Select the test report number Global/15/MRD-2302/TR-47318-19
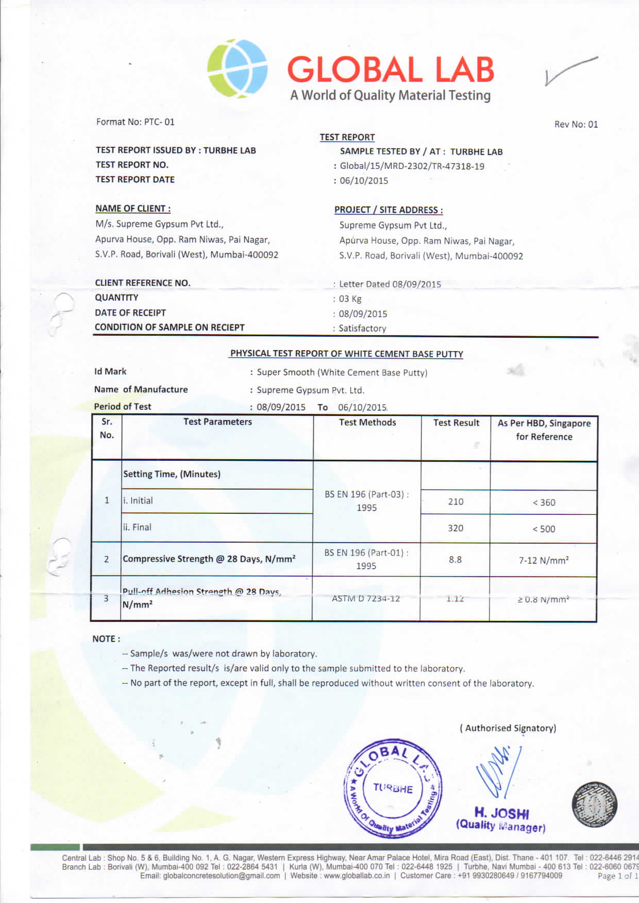tap(412, 166)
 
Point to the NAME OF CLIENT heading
tap(133, 209)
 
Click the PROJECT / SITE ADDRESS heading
tap(389, 210)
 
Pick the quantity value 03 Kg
tap(350, 299)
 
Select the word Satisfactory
tap(362, 328)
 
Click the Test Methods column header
tap(367, 423)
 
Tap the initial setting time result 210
tap(456, 501)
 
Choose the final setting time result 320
tap(456, 528)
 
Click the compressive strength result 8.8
tap(455, 560)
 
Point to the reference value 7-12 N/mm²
tap(544, 560)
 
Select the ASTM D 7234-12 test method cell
tap(366, 598)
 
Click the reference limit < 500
tap(544, 529)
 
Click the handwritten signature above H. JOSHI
tap(497, 772)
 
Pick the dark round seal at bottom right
tap(594, 805)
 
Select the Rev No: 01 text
tap(576, 124)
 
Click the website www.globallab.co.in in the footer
tap(357, 876)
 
